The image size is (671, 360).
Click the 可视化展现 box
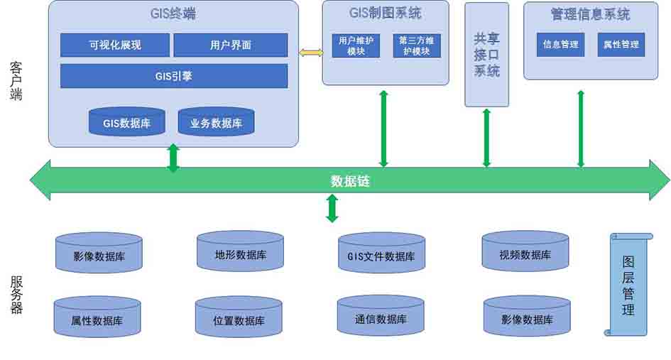pos(114,45)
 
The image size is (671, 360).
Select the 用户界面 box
pos(230,45)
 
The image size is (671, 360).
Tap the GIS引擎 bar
pos(173,76)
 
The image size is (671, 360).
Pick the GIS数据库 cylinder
pos(126,122)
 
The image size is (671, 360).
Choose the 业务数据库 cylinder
pos(216,122)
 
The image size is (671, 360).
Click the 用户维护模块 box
pos(356,46)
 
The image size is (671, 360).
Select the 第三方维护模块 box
pos(417,46)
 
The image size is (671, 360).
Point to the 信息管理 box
pos(560,44)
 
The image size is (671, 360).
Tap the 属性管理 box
pos(621,44)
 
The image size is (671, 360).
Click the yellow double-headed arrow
pos(310,53)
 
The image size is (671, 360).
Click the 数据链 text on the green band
pos(350,181)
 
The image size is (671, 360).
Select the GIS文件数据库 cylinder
pos(381,253)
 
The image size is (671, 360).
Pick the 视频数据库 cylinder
pos(525,252)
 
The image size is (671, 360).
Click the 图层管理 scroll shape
pos(628,284)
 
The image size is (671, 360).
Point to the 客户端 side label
pos(16,80)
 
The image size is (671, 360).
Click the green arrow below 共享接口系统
pos(486,138)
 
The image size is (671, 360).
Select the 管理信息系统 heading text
pos(590,14)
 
